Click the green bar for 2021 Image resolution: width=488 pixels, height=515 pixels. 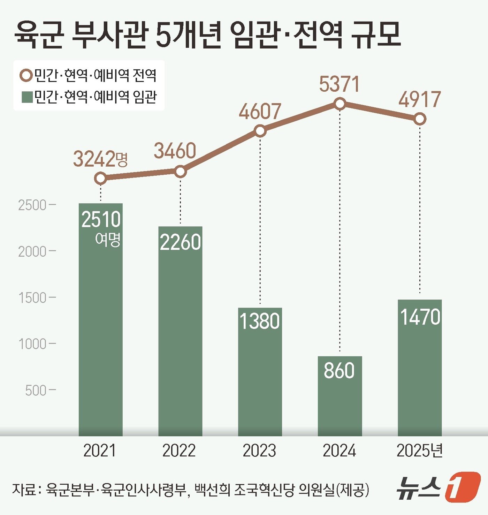click(100, 319)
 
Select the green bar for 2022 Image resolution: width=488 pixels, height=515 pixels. click(180, 331)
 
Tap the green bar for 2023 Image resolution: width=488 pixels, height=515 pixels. click(260, 371)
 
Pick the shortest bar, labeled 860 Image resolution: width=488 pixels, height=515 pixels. click(340, 396)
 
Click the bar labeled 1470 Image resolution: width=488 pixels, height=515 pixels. click(420, 368)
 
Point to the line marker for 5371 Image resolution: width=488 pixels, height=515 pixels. click(340, 104)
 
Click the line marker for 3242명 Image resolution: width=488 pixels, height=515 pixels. click(100, 179)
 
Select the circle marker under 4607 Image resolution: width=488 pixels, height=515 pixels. click(260, 131)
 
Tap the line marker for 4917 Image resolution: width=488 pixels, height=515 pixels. click(420, 119)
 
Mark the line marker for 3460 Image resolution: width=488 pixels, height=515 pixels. click(180, 171)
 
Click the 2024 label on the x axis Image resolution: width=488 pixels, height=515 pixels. click(339, 451)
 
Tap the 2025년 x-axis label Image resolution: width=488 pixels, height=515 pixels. click(419, 451)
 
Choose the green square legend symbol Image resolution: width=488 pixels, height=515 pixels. click(27, 97)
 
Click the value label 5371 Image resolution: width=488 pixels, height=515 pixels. click(339, 85)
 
